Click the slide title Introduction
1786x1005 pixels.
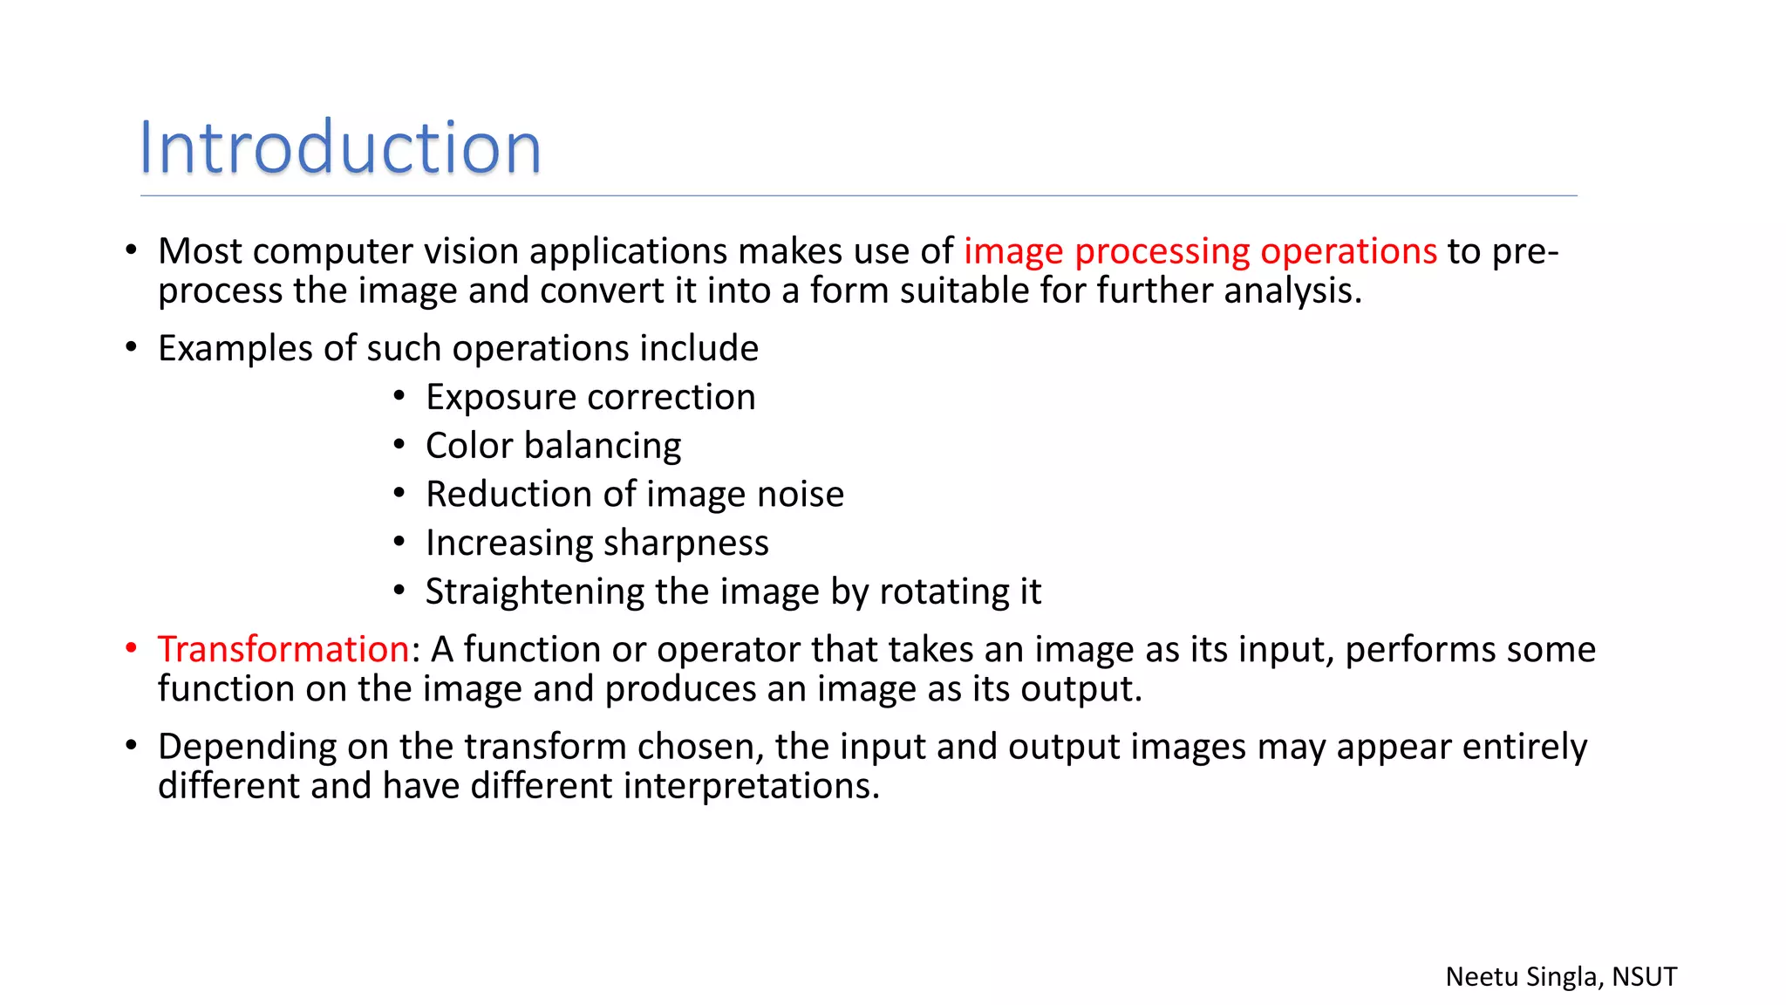click(340, 147)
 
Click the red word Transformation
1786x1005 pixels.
click(283, 649)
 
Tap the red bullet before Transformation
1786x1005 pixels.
click(132, 648)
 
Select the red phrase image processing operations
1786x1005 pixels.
click(1200, 251)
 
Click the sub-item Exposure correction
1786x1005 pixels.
click(590, 397)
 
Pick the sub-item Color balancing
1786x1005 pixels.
click(553, 446)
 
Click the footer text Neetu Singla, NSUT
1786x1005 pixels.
click(1561, 976)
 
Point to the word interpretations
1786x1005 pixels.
click(751, 786)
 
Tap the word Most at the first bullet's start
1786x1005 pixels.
click(200, 251)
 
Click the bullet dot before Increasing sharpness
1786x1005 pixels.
click(399, 543)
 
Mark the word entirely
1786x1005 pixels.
click(1524, 748)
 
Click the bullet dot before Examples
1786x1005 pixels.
click(132, 347)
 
